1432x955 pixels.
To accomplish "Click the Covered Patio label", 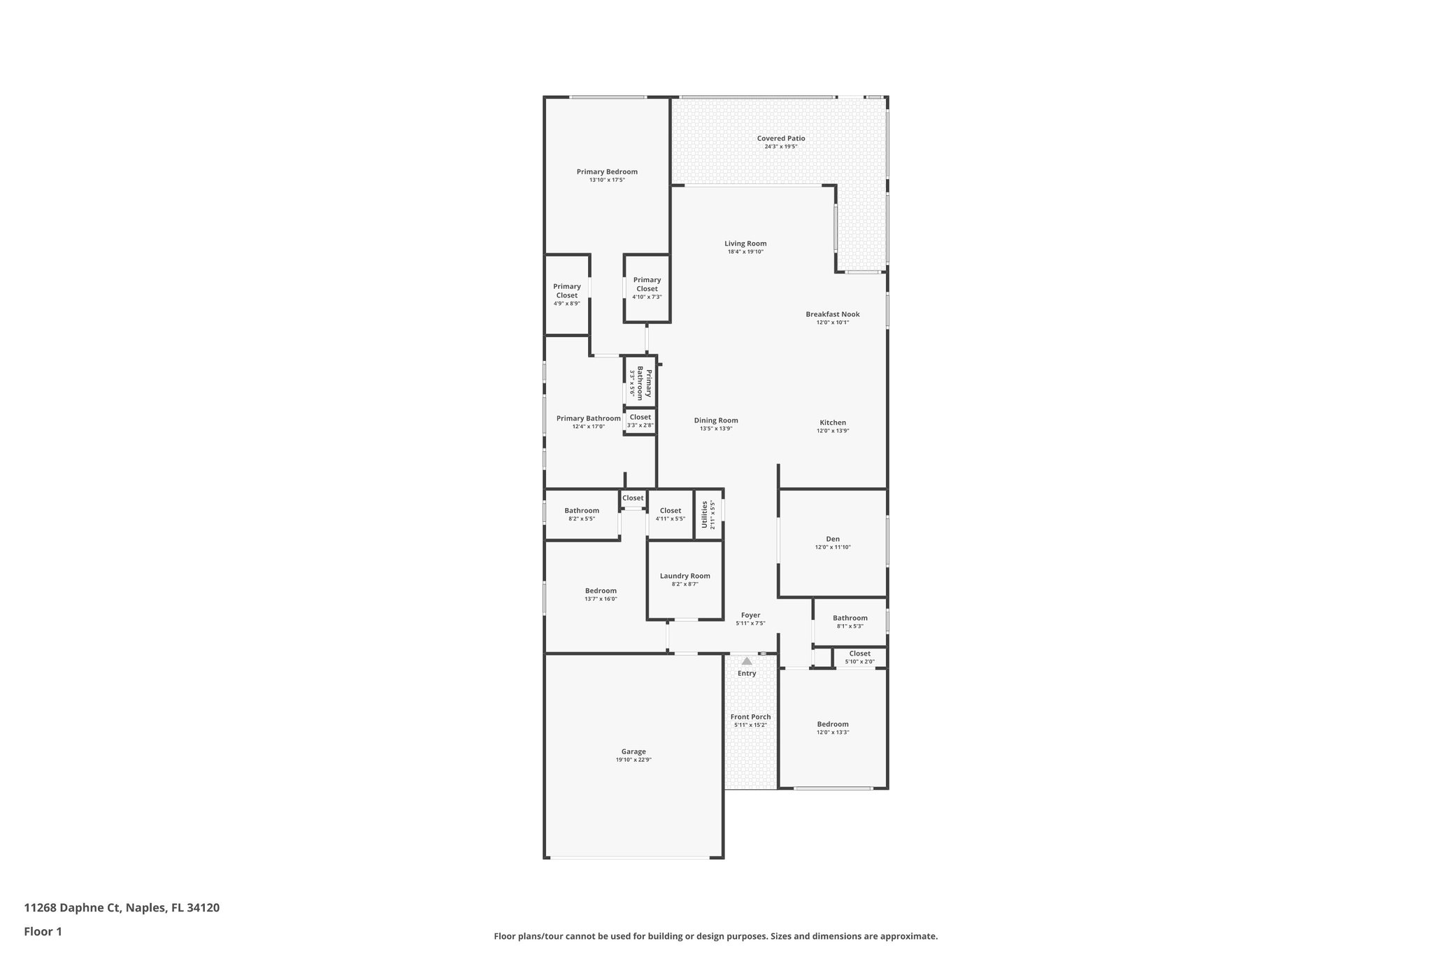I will pos(780,139).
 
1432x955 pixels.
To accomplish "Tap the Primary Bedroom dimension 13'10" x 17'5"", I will pos(607,181).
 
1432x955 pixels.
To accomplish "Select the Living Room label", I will pos(745,243).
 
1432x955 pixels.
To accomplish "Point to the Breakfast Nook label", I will pos(832,314).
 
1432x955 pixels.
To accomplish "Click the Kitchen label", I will pos(832,423).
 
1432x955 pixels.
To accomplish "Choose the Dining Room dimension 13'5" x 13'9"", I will pos(716,429).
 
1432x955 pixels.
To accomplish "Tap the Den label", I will pos(832,539).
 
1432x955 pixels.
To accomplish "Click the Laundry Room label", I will pos(685,576).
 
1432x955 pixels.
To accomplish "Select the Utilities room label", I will pos(704,514).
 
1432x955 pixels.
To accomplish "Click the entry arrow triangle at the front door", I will pos(747,661).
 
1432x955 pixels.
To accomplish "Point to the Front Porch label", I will pos(750,717).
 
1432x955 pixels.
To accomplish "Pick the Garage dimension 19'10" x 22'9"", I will pos(633,760).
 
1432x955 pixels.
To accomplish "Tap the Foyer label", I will pos(750,615).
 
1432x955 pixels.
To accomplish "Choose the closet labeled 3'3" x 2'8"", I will pos(640,420).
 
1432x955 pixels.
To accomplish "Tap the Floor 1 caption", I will pos(43,931).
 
